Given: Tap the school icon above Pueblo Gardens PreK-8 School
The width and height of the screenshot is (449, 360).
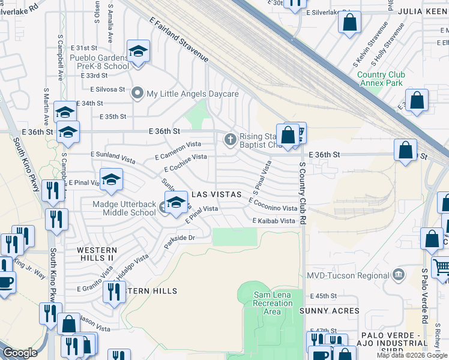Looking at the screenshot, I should point(138,52).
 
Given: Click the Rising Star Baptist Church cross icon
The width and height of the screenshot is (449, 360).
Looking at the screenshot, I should point(229,140).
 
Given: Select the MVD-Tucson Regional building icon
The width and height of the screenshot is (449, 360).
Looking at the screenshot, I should point(397,275).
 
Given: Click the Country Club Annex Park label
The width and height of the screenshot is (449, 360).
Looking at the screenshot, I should point(381,79).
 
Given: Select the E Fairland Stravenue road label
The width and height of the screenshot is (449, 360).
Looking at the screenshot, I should point(181,40).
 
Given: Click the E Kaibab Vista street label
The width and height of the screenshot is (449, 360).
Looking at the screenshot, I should point(274,221).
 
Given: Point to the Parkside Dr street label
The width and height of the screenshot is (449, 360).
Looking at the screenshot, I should point(180,242).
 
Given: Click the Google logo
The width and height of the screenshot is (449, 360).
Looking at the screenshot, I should point(20,353).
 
